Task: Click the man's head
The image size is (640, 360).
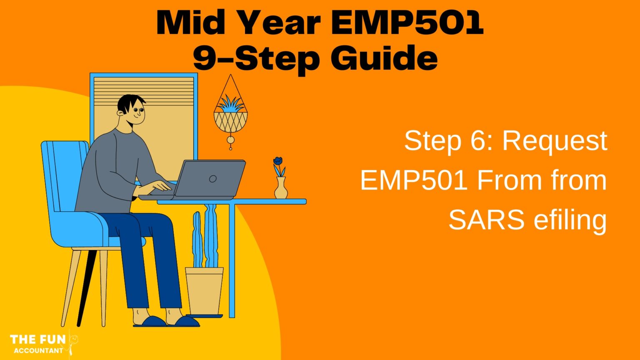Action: click(x=131, y=109)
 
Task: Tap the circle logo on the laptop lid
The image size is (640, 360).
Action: click(x=213, y=179)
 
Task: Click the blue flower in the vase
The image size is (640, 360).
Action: click(x=278, y=161)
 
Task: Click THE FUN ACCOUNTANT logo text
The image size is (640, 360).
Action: click(x=38, y=344)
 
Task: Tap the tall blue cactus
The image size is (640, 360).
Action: click(x=211, y=237)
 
